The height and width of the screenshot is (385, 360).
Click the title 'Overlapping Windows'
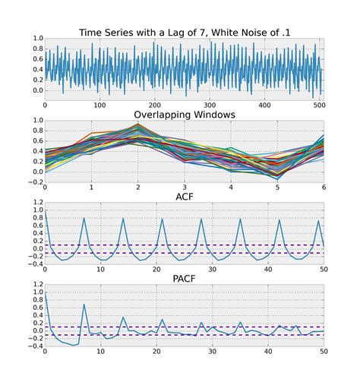(x=184, y=114)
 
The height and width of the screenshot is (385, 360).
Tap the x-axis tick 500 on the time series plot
(x=316, y=106)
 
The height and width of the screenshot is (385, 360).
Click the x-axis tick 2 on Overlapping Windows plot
(x=138, y=188)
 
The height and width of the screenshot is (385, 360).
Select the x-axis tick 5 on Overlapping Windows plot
(x=277, y=188)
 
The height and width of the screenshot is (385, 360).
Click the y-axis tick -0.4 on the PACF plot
(x=33, y=346)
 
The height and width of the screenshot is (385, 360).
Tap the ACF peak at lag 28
(x=201, y=219)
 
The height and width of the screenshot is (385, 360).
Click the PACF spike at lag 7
(x=84, y=305)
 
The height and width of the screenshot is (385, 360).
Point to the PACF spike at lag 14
(x=123, y=317)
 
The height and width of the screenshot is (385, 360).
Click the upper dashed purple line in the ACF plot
(x=182, y=245)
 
